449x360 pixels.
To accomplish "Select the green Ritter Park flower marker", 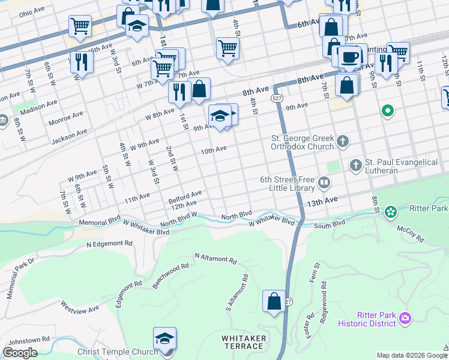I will tap(391, 211).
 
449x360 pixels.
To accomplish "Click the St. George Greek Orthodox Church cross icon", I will tap(343, 142).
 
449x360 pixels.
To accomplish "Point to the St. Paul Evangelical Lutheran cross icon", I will tap(355, 164).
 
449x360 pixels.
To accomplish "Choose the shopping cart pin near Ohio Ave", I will tap(80, 26).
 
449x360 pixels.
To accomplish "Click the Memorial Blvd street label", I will tap(100, 221).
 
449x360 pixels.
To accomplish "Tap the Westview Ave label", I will tap(80, 307).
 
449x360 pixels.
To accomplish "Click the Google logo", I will tap(20, 353).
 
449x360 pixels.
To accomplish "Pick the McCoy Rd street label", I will tap(411, 234).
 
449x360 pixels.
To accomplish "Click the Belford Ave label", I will tap(185, 196).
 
